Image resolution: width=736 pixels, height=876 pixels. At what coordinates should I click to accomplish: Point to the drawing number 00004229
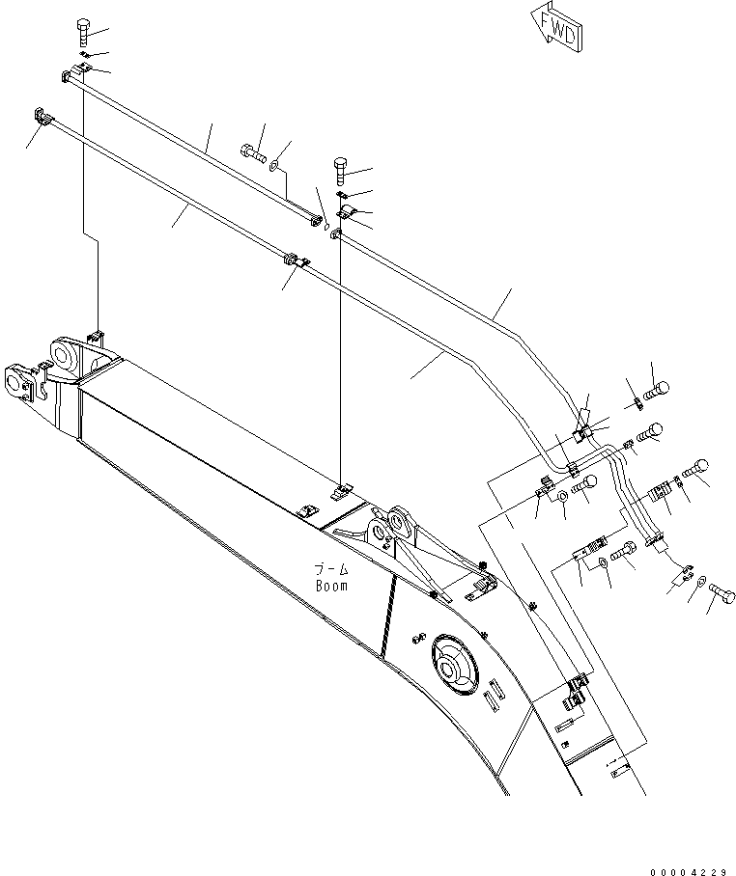(688, 871)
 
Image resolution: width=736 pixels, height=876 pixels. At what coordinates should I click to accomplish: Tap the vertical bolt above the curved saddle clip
(340, 172)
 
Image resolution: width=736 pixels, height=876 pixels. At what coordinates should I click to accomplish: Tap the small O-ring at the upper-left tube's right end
(327, 229)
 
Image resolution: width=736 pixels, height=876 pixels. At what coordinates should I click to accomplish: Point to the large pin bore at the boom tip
(67, 356)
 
